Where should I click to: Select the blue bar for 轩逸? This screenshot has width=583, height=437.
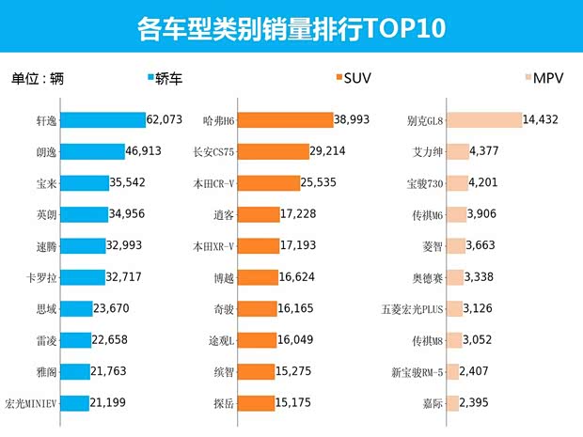click(x=106, y=120)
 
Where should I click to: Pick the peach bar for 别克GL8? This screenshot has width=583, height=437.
click(x=483, y=120)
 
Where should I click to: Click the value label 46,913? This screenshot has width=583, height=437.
click(x=147, y=151)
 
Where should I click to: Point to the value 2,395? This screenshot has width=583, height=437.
click(x=479, y=403)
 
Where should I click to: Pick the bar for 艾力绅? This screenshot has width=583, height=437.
click(x=456, y=151)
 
